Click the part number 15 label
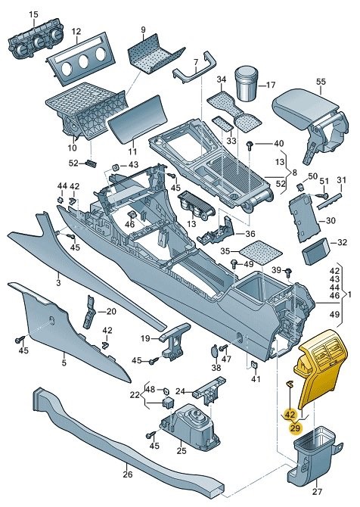[x=33, y=14]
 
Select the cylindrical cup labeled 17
[x=247, y=83]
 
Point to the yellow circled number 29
[x=295, y=428]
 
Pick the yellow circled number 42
[x=290, y=414]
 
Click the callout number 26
[x=128, y=474]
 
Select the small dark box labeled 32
[x=315, y=251]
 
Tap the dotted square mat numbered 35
[x=260, y=252]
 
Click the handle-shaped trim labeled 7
[x=194, y=70]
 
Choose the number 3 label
[x=58, y=283]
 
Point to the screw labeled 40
[x=250, y=145]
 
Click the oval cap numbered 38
[x=215, y=351]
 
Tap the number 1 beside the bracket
[x=349, y=294]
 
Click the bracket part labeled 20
[x=89, y=311]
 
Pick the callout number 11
[x=132, y=151]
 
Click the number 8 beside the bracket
[x=294, y=173]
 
